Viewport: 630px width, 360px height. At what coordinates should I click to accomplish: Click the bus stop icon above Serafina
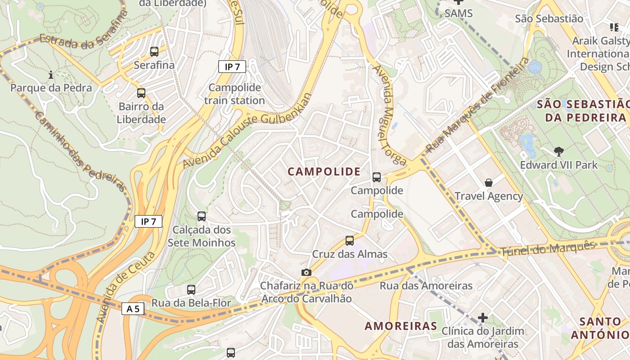click(154, 52)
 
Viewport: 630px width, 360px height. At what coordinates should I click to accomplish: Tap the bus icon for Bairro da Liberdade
click(141, 93)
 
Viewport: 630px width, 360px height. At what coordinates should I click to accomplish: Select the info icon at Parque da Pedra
click(51, 74)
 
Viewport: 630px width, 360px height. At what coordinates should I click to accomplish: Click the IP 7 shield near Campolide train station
click(232, 67)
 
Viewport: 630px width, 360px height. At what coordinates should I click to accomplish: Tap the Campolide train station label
click(234, 94)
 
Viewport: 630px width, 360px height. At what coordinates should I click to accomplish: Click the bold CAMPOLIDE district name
click(324, 171)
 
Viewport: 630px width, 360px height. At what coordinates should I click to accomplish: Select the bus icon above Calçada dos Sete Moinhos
click(202, 216)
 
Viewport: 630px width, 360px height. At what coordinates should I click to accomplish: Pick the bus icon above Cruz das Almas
click(350, 241)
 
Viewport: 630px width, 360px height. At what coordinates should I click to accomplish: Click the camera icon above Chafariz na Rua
click(306, 272)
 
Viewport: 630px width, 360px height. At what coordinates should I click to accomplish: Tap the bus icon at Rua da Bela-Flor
click(191, 289)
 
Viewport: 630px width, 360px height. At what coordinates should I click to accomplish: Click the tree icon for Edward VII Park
click(559, 152)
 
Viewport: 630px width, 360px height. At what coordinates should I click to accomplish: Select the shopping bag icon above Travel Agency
click(489, 183)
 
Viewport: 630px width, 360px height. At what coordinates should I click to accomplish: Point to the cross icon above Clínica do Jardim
click(483, 318)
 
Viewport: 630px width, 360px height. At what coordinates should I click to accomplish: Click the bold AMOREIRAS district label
click(400, 326)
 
